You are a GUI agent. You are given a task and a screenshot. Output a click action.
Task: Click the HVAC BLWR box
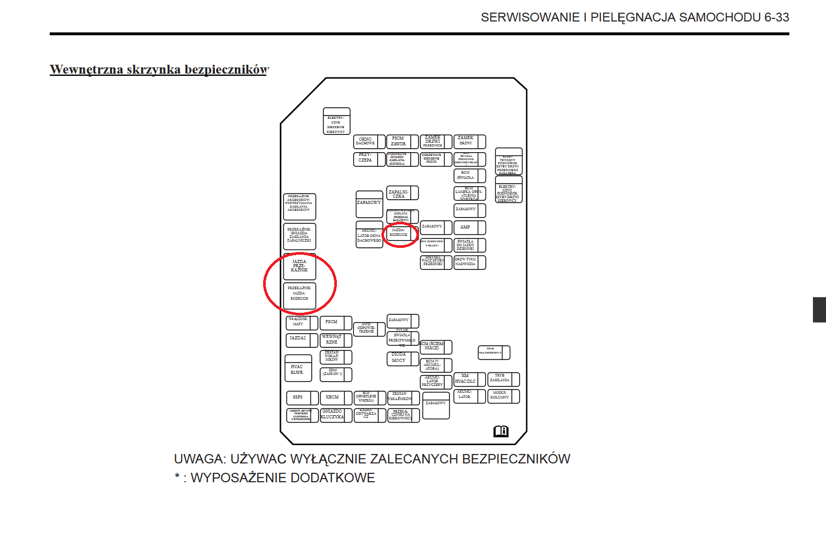298,369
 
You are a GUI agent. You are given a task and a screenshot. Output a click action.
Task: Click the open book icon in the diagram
501,431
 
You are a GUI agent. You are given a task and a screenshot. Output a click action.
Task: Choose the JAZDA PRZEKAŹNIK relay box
299,267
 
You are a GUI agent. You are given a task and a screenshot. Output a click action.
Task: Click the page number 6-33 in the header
776,17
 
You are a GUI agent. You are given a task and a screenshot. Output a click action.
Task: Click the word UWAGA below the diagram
199,459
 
